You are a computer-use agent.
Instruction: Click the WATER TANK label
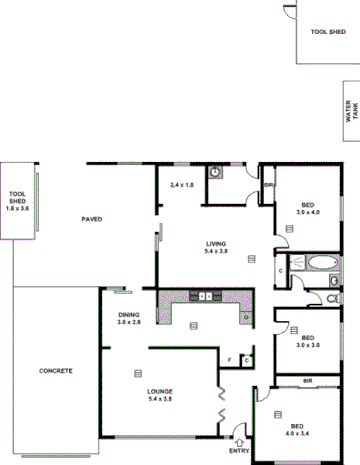pos(349,109)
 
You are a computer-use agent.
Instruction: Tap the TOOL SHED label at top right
pos(327,32)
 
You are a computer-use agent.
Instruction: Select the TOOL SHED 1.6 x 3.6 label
pos(17,201)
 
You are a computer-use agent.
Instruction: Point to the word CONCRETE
pos(56,371)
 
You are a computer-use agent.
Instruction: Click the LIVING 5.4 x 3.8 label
pos(216,247)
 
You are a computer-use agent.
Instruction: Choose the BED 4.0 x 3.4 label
pos(296,429)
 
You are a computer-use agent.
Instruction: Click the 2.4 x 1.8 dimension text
pos(182,185)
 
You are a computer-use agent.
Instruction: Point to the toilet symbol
pos(334,296)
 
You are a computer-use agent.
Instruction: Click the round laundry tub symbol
pos(216,172)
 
